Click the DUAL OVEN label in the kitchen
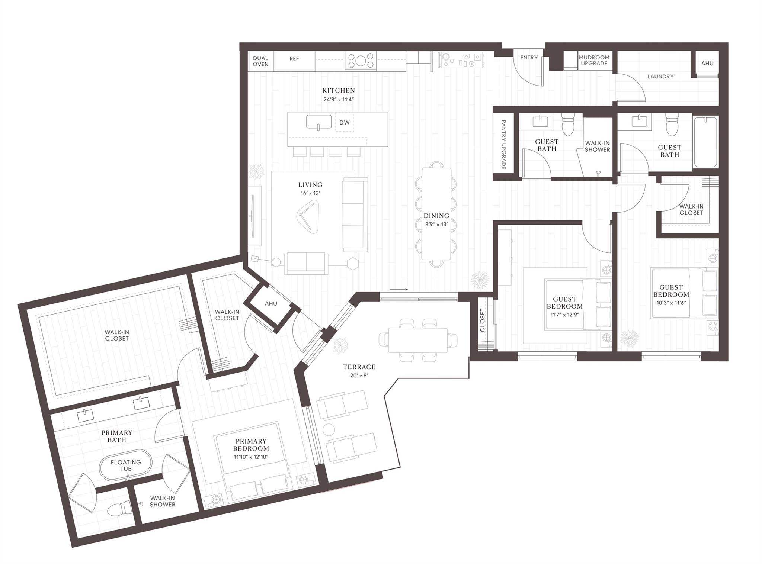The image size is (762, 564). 260,61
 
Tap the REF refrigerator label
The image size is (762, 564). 294,58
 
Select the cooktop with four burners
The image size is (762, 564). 360,61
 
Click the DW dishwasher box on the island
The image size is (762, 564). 345,122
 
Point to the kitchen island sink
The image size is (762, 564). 319,122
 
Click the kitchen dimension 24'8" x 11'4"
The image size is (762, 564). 338,100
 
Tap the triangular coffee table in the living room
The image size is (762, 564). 308,216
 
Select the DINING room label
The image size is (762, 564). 436,216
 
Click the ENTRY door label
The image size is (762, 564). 529,58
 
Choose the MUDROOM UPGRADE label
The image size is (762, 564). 594,60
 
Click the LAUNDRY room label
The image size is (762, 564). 660,77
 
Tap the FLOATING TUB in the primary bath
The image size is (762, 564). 126,465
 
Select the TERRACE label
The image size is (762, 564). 359,367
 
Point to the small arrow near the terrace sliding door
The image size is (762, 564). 398,289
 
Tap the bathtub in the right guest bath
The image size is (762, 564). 705,142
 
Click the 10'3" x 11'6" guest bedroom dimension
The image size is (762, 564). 671,303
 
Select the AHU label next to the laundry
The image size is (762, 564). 707,64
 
